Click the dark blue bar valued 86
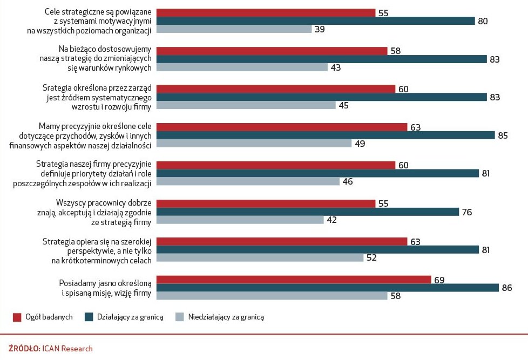328,288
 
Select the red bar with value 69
294,280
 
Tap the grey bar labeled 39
234,29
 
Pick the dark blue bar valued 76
308,212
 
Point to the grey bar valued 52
260,257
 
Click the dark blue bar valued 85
326,135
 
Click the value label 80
483,21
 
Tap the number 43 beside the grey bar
336,67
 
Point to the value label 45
344,105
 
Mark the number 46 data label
348,181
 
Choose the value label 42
331,220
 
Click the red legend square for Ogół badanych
17,317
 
